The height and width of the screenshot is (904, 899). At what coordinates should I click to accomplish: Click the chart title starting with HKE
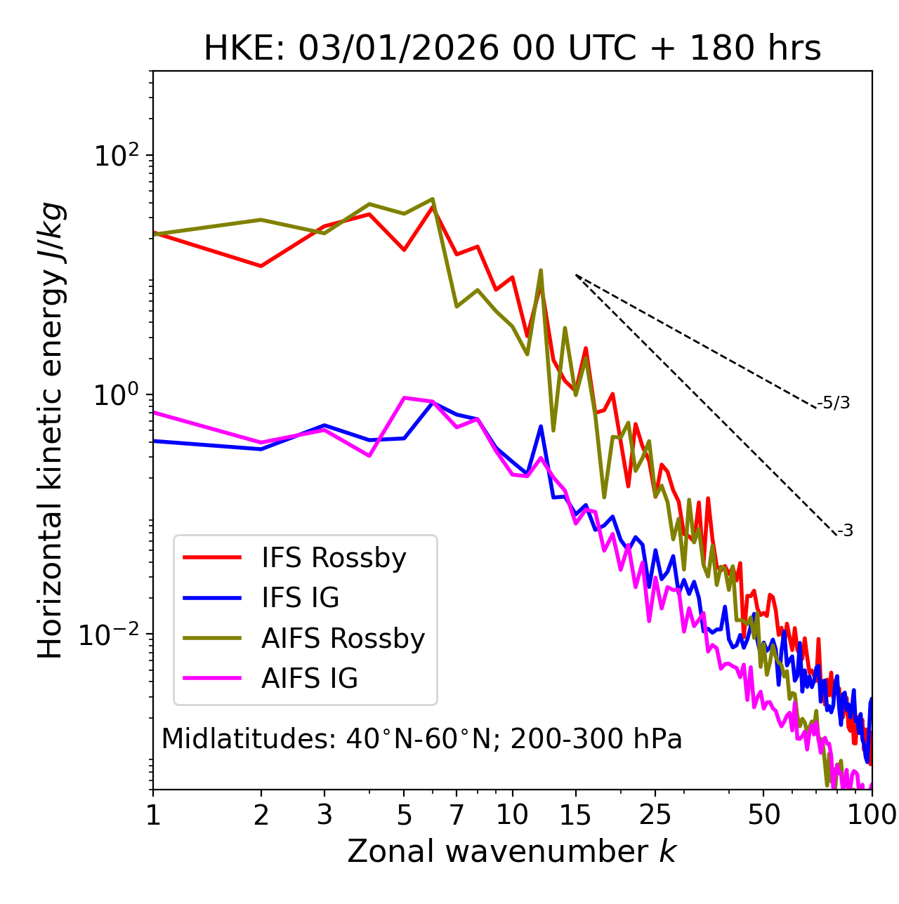coord(512,48)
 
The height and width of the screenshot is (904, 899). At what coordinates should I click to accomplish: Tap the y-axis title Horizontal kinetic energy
coord(51,430)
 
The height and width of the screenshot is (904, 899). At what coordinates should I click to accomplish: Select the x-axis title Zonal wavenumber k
coord(512,851)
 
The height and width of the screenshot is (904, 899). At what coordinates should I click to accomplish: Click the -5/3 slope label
coord(834,403)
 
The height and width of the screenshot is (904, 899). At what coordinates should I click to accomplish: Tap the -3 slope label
coord(845,531)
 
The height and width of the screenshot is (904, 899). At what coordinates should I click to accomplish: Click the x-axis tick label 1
coord(153,814)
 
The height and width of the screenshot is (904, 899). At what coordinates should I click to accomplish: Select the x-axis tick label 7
coord(457,814)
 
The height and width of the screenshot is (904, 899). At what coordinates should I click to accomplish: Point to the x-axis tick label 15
coord(576,814)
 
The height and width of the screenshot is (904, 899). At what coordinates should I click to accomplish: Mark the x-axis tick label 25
coord(655,814)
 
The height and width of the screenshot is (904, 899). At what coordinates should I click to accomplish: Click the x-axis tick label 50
coord(764,814)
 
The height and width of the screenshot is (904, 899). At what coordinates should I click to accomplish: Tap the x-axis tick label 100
coord(872,814)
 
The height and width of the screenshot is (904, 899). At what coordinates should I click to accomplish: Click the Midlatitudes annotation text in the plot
coord(421,739)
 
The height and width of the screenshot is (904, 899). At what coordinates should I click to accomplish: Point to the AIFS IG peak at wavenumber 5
coord(405,398)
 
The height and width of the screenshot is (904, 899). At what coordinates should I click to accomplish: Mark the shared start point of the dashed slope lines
coord(576,275)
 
